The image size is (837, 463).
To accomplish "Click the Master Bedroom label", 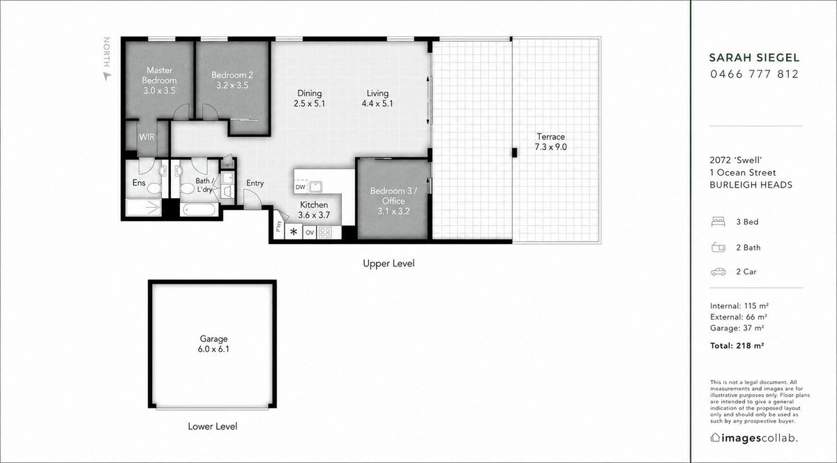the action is [x=159, y=75].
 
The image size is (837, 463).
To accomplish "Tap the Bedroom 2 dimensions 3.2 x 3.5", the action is [x=232, y=85].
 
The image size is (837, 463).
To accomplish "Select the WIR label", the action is [x=147, y=137].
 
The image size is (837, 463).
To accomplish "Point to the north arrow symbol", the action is [x=107, y=76].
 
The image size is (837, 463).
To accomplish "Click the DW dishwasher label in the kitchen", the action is [x=301, y=187].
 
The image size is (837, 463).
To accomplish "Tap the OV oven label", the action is [x=310, y=232].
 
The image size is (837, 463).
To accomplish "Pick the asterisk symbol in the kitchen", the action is [x=294, y=231].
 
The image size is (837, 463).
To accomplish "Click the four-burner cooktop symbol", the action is [x=325, y=232].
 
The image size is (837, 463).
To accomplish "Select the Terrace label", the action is [x=550, y=137].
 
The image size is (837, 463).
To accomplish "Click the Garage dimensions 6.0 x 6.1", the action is [x=213, y=349].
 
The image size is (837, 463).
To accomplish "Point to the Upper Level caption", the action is [x=389, y=264].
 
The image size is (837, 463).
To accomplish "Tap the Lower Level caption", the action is [x=212, y=426].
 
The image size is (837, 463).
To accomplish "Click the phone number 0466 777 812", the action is [x=755, y=74].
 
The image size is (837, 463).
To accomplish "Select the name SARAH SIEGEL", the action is [x=755, y=58].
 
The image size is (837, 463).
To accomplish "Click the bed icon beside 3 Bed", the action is [x=718, y=222].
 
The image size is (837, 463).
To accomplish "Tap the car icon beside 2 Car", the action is [x=718, y=272].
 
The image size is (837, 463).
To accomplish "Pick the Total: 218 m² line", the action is [x=737, y=346].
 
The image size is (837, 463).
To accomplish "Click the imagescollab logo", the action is [x=754, y=438].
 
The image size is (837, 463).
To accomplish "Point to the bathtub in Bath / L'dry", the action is [x=197, y=210].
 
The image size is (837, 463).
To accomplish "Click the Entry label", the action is [x=255, y=183].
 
